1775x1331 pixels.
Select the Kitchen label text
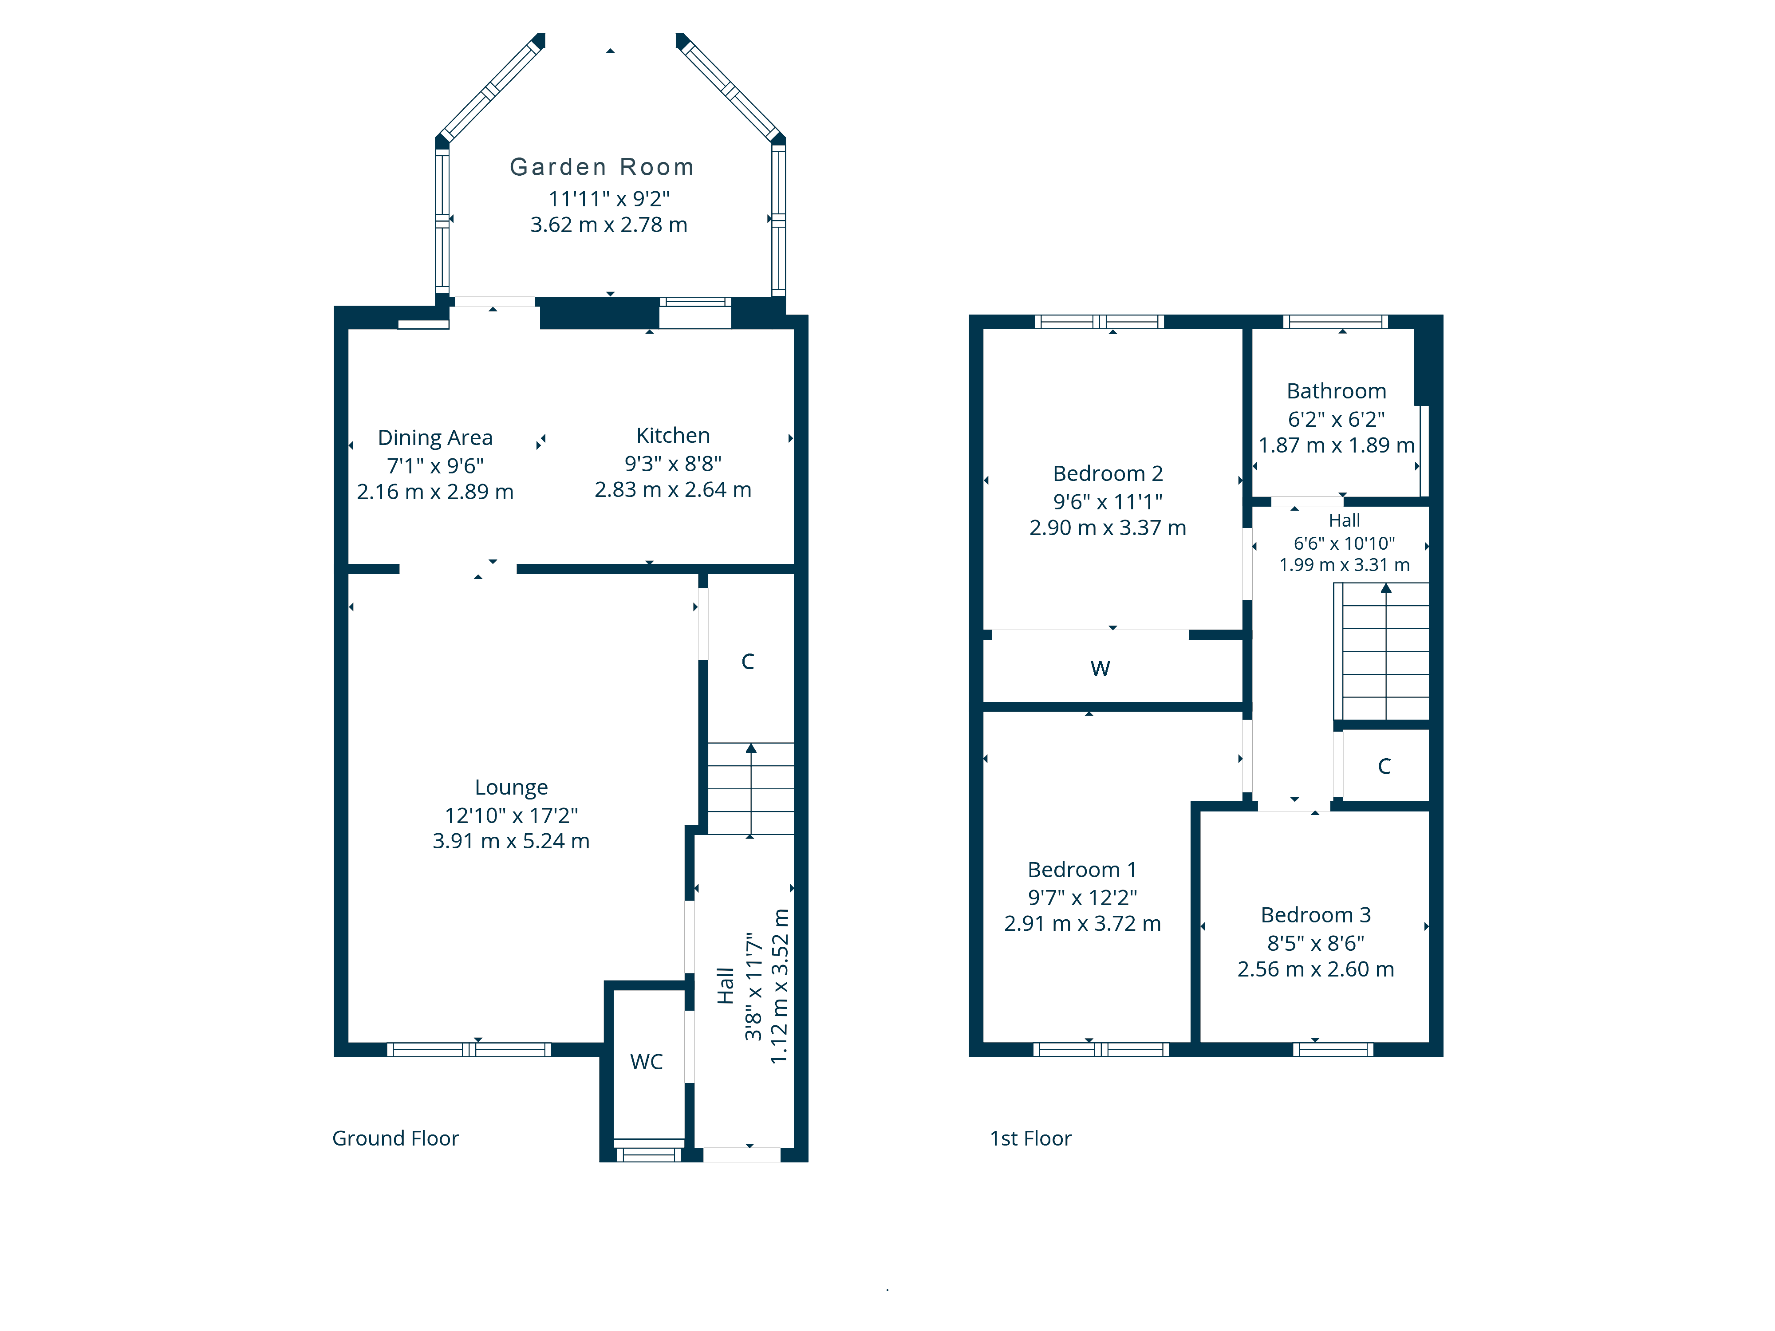pos(673,436)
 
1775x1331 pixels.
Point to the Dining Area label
pos(435,438)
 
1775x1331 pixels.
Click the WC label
pos(647,1062)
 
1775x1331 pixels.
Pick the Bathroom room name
pos(1336,391)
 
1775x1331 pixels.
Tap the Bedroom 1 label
pos(1082,870)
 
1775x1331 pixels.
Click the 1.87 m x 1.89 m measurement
pos(1336,445)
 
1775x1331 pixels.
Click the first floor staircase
pos(1382,651)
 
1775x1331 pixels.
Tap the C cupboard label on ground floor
pos(748,662)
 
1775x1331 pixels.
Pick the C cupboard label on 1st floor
pos(1384,766)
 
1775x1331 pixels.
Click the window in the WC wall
pos(648,1154)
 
